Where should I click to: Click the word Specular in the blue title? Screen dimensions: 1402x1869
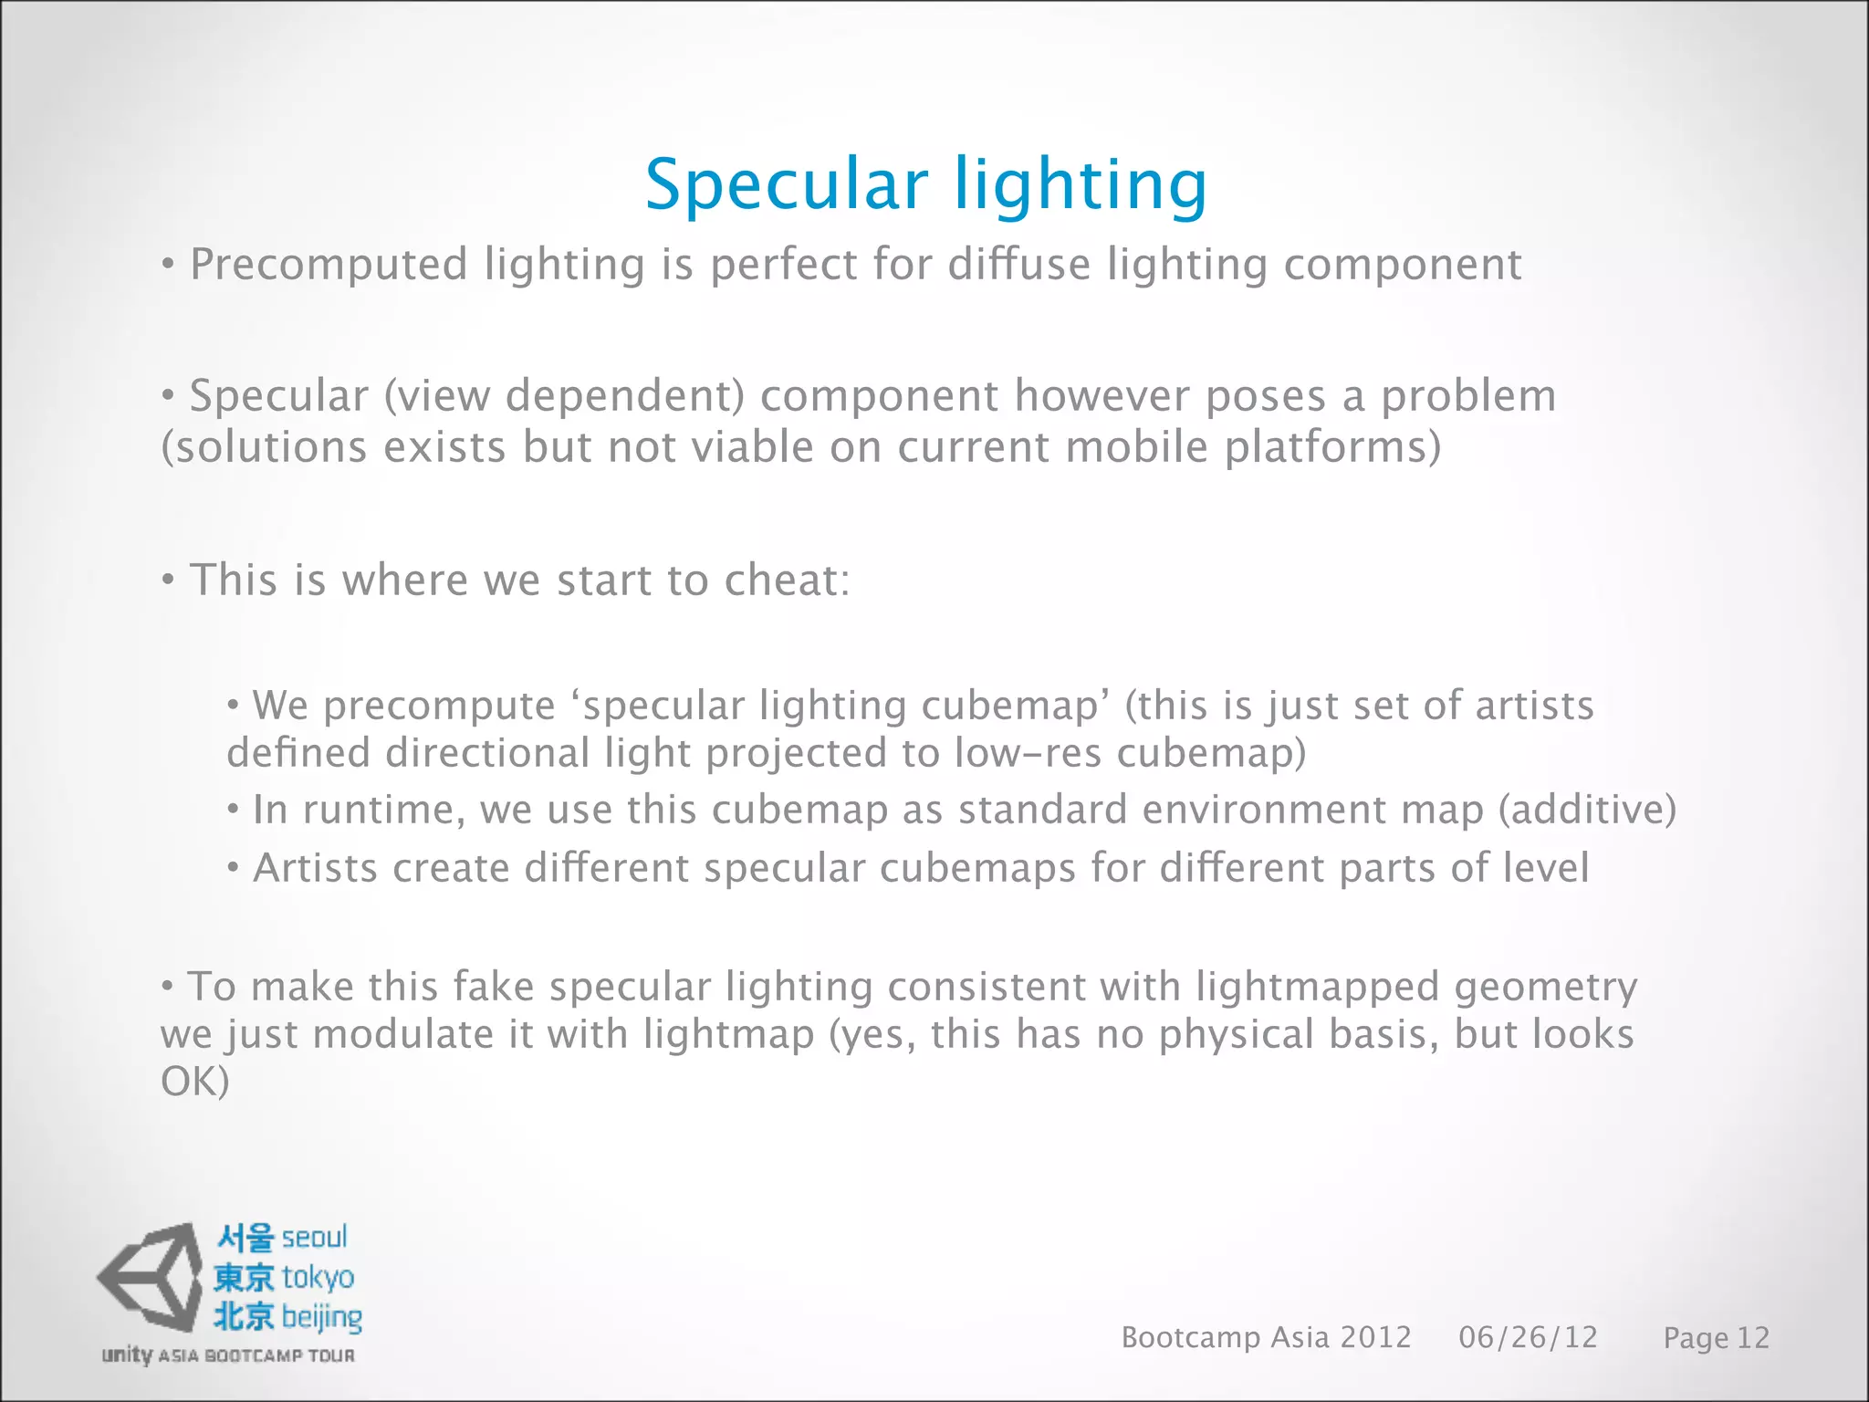point(786,185)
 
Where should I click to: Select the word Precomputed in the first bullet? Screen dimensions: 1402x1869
point(329,265)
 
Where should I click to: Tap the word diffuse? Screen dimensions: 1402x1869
point(1018,265)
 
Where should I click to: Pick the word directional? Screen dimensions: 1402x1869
point(487,754)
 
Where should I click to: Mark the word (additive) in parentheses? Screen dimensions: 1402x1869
point(1587,811)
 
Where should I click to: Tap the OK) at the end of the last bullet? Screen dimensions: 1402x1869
point(194,1083)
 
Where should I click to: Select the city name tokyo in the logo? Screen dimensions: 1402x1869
point(318,1278)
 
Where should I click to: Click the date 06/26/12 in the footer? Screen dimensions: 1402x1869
point(1528,1338)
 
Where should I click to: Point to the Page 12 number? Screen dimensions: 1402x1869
point(1716,1339)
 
